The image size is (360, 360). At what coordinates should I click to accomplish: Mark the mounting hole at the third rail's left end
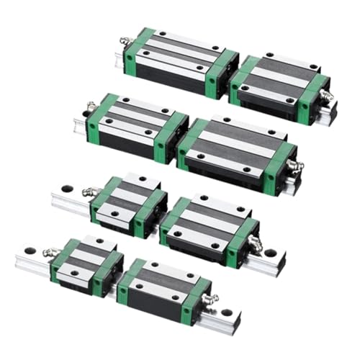click(x=67, y=191)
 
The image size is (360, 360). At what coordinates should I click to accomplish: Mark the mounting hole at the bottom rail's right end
click(x=227, y=313)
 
